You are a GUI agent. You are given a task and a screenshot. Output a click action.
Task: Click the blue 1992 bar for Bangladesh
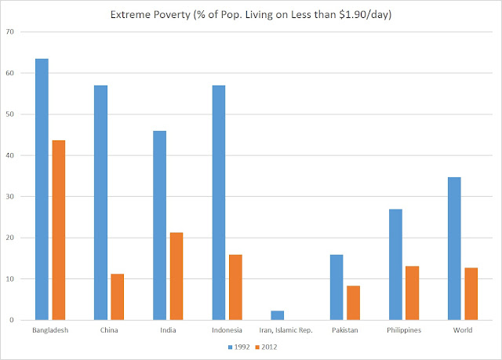pyautogui.click(x=42, y=189)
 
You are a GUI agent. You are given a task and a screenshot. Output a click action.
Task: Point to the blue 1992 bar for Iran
pyautogui.click(x=278, y=315)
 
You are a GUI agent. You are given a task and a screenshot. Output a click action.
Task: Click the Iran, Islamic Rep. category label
pyautogui.click(x=286, y=330)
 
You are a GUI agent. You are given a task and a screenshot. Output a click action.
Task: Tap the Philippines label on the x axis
pyautogui.click(x=404, y=330)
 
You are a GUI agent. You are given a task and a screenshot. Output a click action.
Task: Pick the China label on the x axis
pyautogui.click(x=109, y=330)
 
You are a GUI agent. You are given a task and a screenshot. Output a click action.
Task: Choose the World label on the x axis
pyautogui.click(x=462, y=330)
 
